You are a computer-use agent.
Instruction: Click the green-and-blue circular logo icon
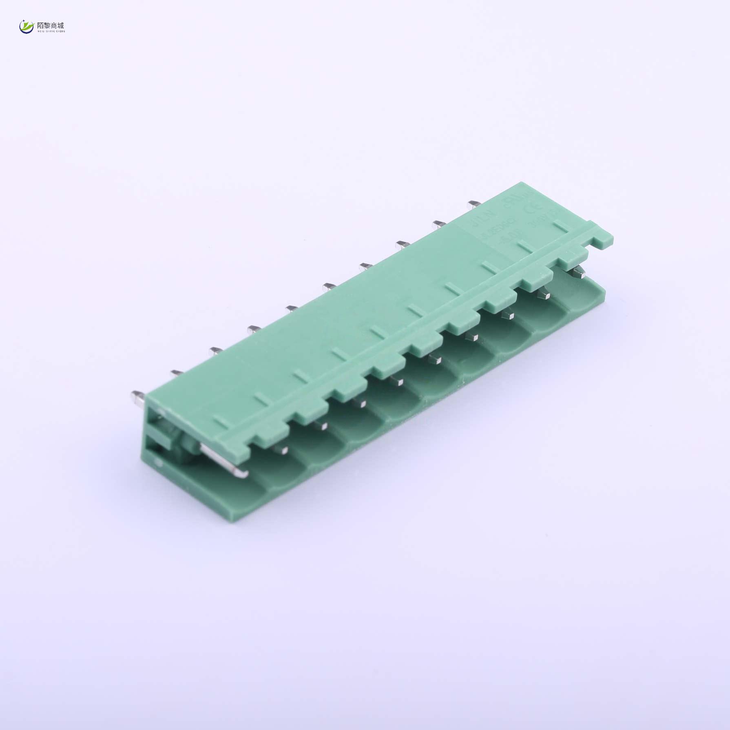27,27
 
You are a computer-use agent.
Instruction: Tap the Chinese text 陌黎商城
51,25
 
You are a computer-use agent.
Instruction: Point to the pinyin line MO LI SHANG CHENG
51,31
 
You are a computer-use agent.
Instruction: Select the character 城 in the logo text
61,25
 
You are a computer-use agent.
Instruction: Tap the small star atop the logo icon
24,21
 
